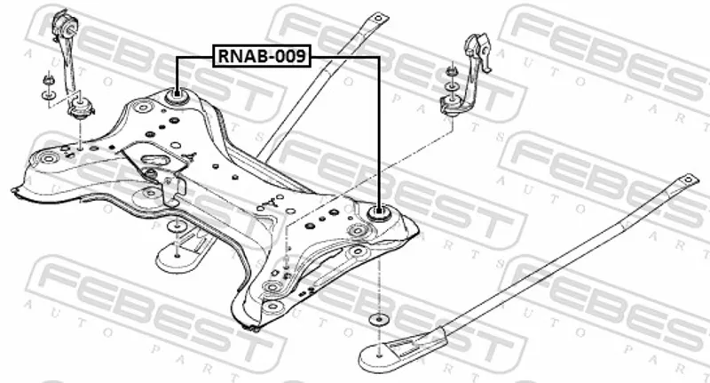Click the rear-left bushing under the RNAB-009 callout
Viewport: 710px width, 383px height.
point(177,94)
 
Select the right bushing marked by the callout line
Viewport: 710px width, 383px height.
point(379,213)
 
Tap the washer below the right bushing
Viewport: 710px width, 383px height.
point(380,319)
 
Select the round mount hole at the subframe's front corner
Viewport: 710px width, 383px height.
point(272,289)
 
